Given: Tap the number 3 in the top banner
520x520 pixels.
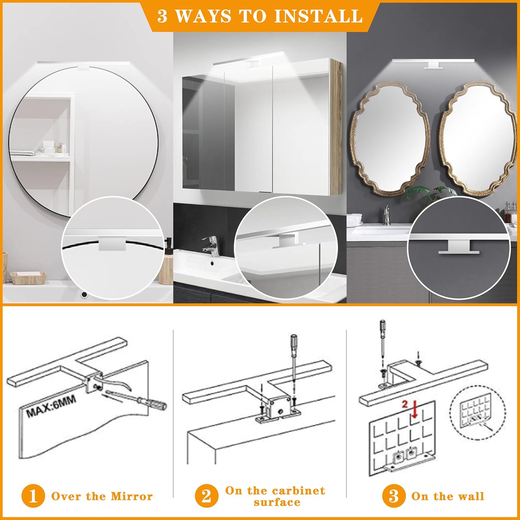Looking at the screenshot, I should click(x=162, y=16).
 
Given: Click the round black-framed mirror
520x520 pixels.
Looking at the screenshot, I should click(x=83, y=139).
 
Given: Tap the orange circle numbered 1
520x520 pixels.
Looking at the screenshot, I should click(x=33, y=496).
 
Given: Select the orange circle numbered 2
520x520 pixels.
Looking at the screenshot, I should click(x=206, y=496).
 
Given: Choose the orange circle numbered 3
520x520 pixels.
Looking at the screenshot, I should click(x=393, y=496).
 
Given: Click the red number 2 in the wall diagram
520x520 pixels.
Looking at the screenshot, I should click(x=405, y=404).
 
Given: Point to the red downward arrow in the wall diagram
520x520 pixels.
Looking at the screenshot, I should click(x=414, y=411).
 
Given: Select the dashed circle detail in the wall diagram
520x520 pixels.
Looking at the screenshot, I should click(x=477, y=413).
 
